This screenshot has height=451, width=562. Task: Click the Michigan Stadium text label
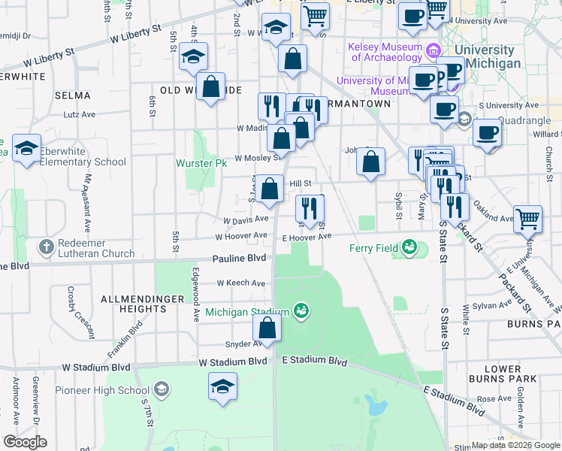[x=247, y=312]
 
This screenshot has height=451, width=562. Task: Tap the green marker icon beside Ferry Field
[x=409, y=247]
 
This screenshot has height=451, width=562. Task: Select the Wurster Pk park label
[x=201, y=163]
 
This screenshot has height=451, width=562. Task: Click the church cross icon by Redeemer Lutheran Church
[x=47, y=247]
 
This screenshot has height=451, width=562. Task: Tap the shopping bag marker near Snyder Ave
[x=267, y=328]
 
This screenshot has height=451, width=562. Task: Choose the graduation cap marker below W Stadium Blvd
[x=222, y=387]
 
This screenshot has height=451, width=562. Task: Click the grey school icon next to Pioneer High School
[x=161, y=389]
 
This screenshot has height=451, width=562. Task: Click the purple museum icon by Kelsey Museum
[x=433, y=51]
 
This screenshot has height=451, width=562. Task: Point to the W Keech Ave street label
[x=241, y=283]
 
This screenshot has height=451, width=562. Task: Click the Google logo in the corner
[x=24, y=442]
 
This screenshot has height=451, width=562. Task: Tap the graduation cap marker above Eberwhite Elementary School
[x=26, y=149]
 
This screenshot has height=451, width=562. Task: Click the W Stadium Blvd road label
[x=234, y=362]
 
